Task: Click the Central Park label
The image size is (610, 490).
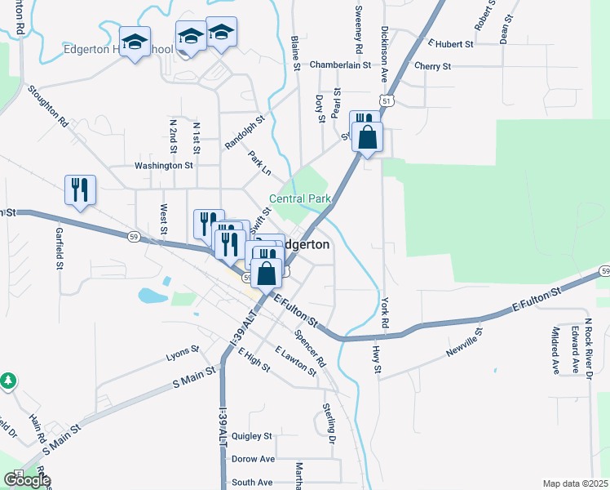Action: point(300,199)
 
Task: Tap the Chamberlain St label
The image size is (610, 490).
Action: point(339,65)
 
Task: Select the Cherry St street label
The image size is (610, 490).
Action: point(432,65)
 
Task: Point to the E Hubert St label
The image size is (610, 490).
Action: point(449,44)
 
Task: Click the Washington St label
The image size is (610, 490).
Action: point(164,165)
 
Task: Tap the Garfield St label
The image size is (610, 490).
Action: point(60,248)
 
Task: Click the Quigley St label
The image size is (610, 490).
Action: point(250,436)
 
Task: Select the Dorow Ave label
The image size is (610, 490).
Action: point(253,459)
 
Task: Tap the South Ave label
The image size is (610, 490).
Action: point(251,483)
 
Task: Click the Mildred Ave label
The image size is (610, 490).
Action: point(555,350)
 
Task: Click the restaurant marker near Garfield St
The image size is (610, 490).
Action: point(80,190)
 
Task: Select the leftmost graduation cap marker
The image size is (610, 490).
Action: point(135,42)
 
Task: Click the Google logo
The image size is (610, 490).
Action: point(26,480)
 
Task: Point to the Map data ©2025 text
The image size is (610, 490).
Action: point(575,483)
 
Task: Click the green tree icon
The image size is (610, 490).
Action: point(8,381)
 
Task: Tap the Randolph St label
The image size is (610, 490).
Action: point(245,131)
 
